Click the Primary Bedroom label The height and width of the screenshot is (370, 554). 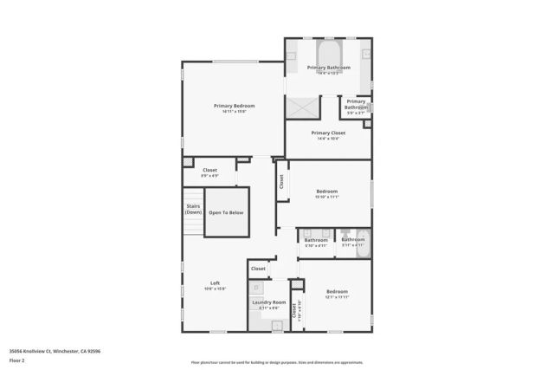234,106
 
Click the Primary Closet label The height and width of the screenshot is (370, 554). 328,133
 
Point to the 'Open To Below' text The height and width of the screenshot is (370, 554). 226,212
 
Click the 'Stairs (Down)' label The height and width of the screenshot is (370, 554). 193,209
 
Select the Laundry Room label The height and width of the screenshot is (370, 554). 268,301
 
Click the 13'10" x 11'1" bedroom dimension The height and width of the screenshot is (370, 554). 326,198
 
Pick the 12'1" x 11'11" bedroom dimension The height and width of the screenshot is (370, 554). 337,298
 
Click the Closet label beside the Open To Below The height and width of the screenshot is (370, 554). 209,170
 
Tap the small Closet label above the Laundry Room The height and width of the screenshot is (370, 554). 258,269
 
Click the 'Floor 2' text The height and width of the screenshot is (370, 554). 17,359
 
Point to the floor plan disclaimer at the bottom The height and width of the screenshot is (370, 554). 277,363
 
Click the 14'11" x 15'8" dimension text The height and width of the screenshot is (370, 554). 234,112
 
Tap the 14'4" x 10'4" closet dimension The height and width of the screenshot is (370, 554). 328,139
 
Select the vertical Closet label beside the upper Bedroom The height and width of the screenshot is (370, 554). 281,182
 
